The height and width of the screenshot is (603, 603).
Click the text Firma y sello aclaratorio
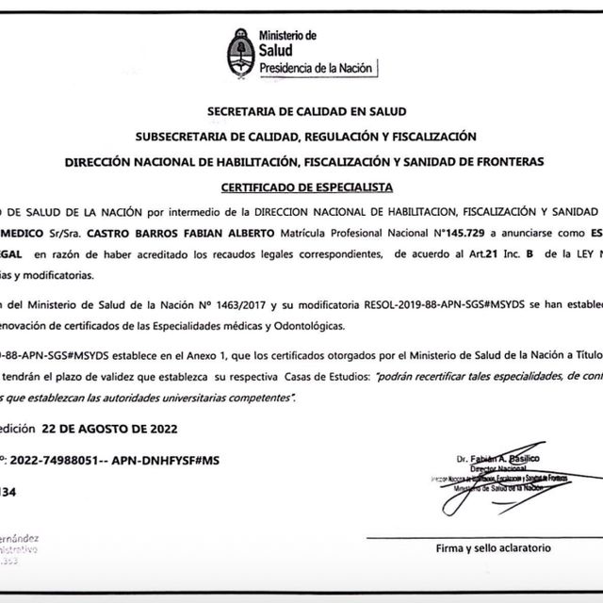coord(495,547)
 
